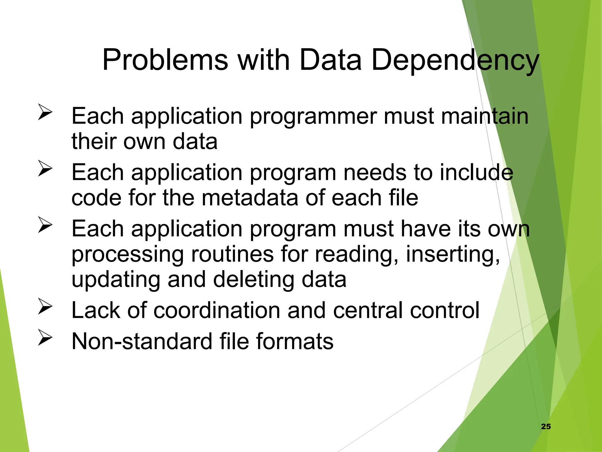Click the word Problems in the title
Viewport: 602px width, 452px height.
pos(165,60)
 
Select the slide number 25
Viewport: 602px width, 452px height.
pos(546,426)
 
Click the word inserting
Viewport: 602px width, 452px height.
pos(453,254)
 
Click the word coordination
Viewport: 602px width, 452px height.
pos(217,310)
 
